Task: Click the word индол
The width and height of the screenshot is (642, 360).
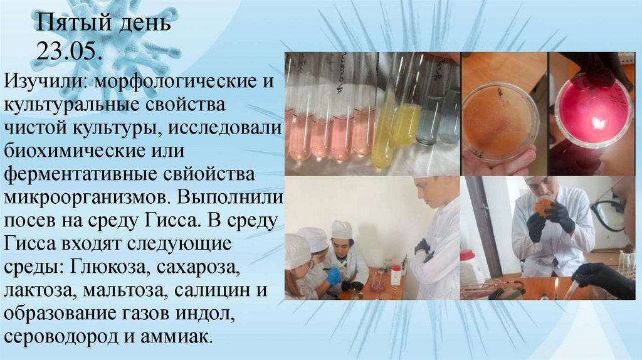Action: [x=238, y=313]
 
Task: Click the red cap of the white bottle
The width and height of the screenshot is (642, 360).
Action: [x=467, y=255]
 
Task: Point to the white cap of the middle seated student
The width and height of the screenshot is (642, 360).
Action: [x=342, y=229]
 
